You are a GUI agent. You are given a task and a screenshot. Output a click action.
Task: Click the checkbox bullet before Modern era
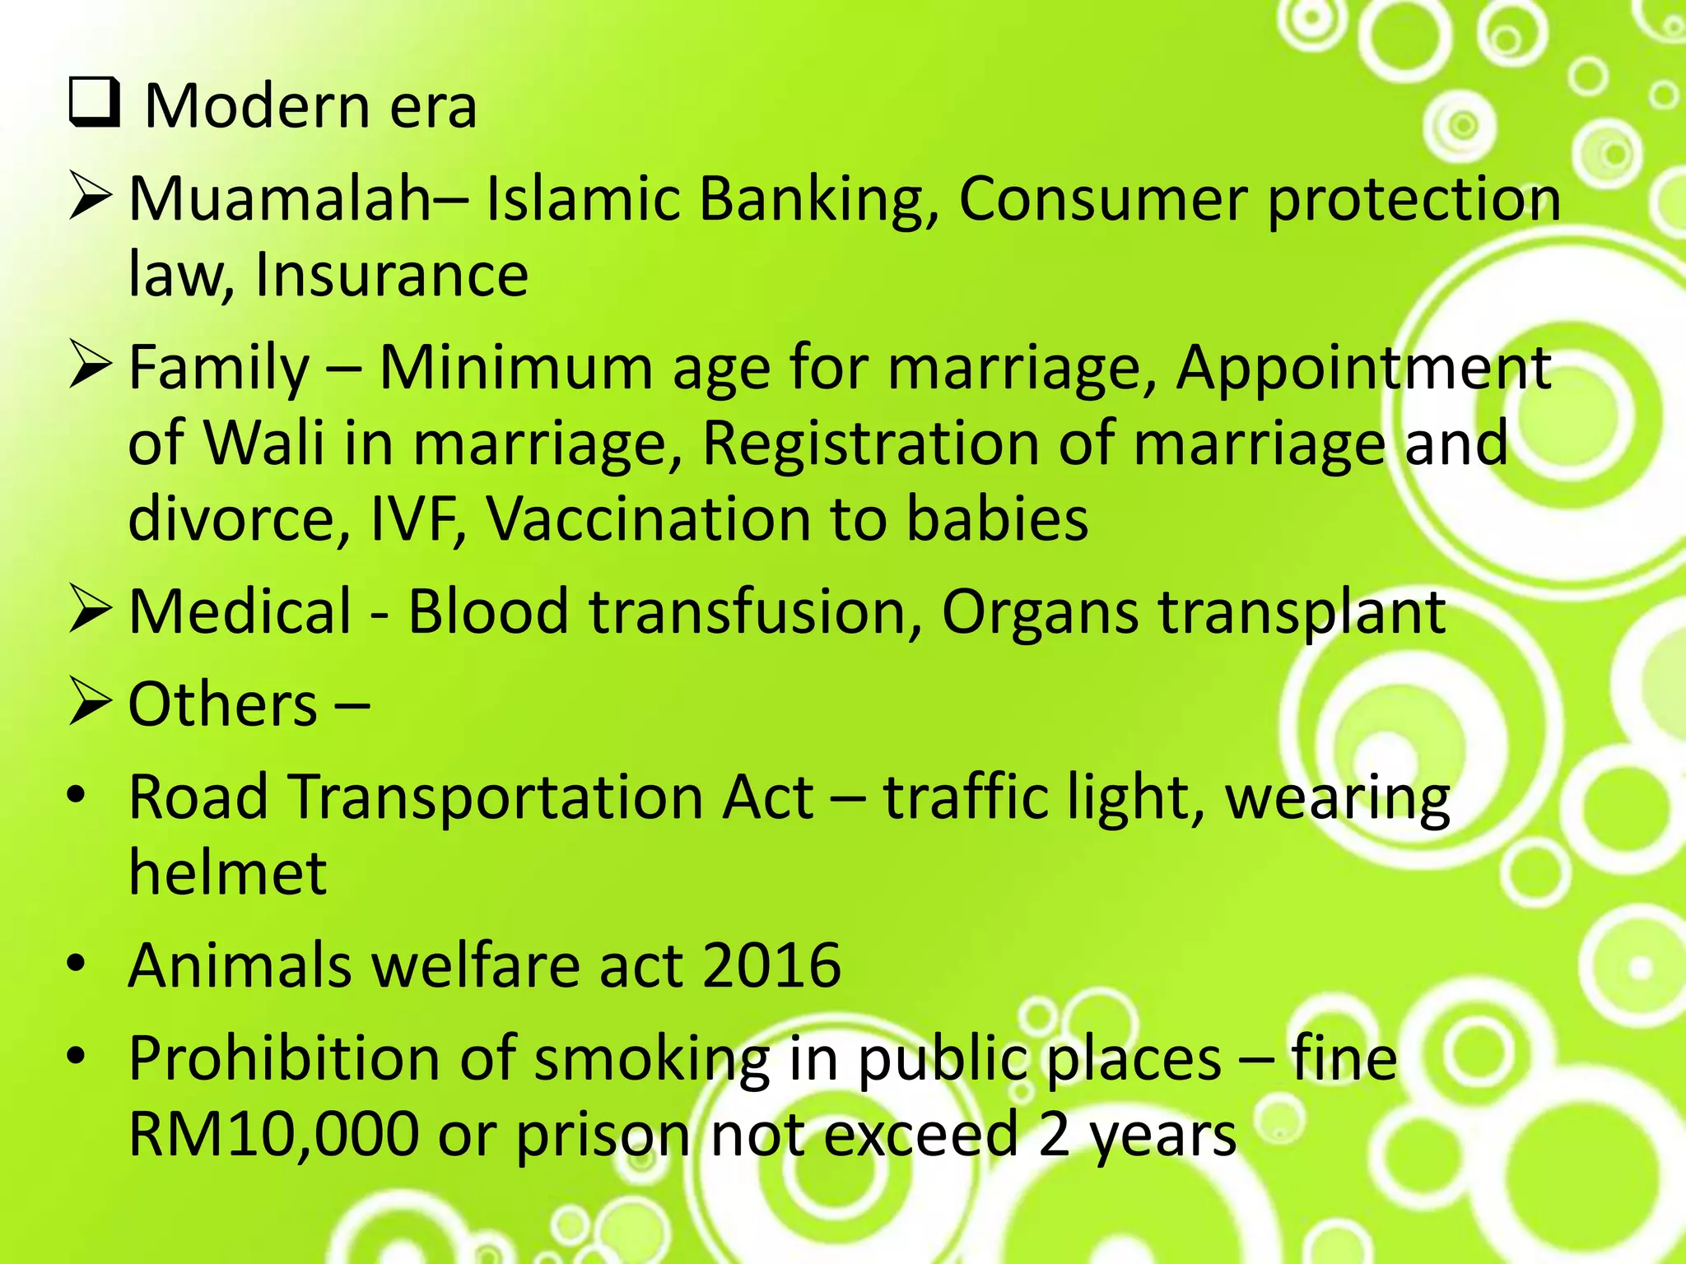[93, 105]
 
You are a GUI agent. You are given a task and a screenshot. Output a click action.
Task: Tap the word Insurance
[391, 275]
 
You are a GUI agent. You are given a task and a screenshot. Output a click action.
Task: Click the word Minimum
[515, 368]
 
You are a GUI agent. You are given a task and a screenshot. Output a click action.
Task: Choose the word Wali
[263, 444]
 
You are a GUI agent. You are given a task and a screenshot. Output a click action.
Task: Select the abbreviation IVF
[418, 519]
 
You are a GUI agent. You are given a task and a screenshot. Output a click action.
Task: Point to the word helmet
[227, 872]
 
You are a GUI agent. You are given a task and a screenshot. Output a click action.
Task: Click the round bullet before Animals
[77, 965]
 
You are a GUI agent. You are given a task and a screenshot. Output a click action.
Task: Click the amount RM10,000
[274, 1135]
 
